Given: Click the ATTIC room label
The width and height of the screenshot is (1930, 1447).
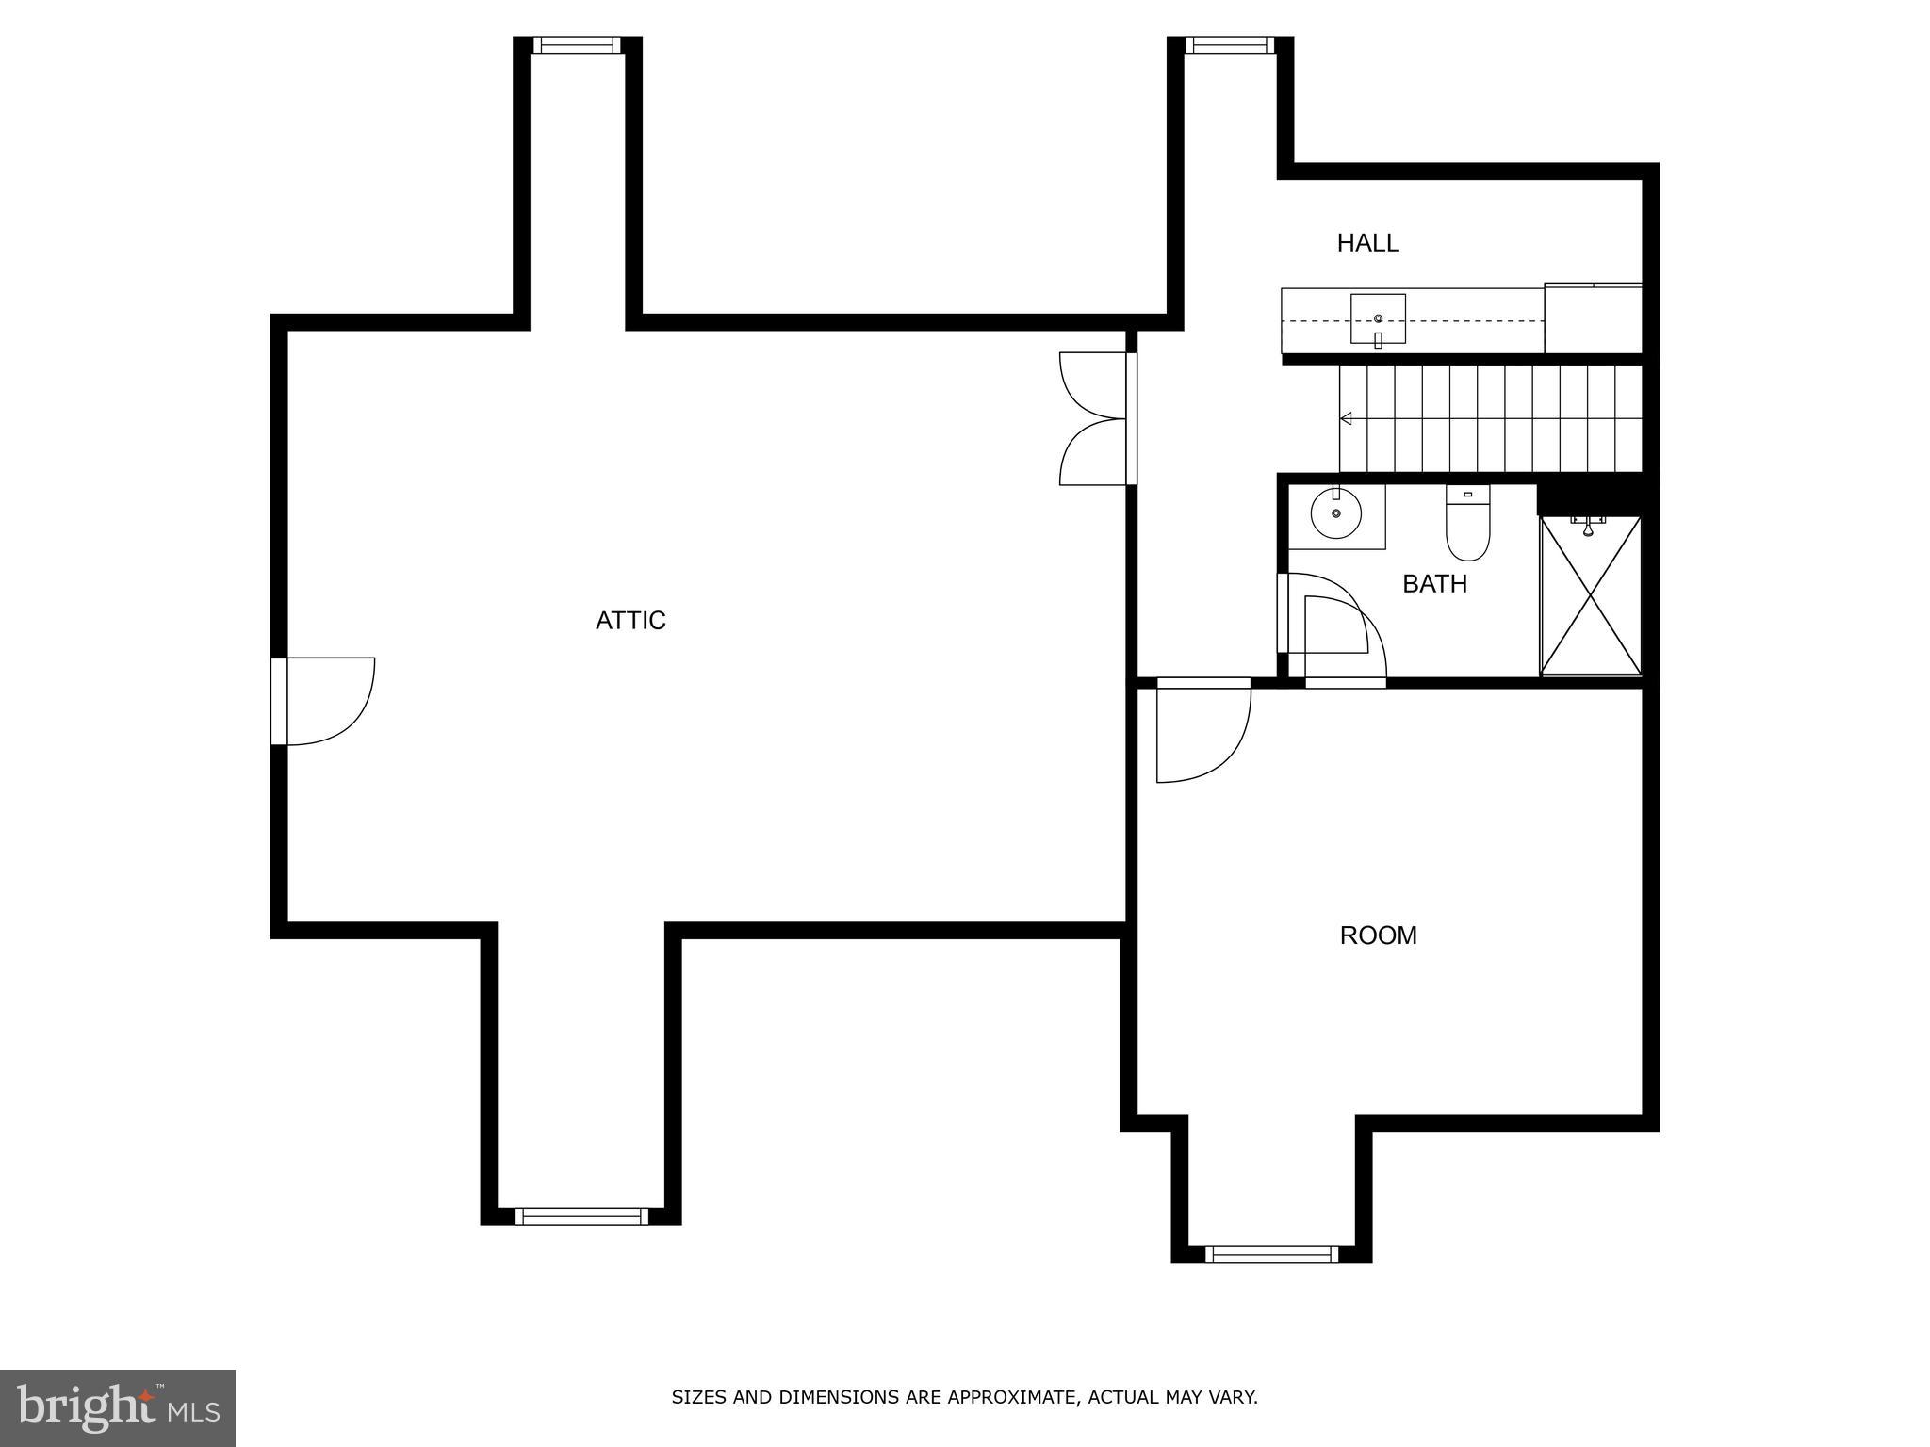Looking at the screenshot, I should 630,620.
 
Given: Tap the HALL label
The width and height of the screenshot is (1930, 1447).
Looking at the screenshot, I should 1367,243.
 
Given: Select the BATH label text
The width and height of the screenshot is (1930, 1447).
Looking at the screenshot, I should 1434,584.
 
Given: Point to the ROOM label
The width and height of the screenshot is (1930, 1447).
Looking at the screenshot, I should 1378,935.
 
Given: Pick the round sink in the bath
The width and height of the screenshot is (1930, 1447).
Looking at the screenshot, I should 1335,514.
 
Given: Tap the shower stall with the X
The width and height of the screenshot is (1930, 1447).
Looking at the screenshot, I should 1590,595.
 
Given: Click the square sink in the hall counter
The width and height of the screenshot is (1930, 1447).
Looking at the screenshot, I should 1378,319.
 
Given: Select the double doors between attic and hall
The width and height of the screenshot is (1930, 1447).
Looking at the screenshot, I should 1095,419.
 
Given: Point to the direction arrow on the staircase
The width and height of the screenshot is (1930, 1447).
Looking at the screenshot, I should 1347,418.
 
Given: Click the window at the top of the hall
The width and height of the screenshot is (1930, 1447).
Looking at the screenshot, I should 1229,45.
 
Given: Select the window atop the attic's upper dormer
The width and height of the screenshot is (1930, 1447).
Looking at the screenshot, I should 577,45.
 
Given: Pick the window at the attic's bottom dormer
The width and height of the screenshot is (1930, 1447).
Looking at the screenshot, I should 581,1215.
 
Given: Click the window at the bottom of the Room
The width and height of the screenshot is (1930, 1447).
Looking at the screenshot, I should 1271,1254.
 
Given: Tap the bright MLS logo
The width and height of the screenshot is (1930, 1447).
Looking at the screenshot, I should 118,1407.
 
